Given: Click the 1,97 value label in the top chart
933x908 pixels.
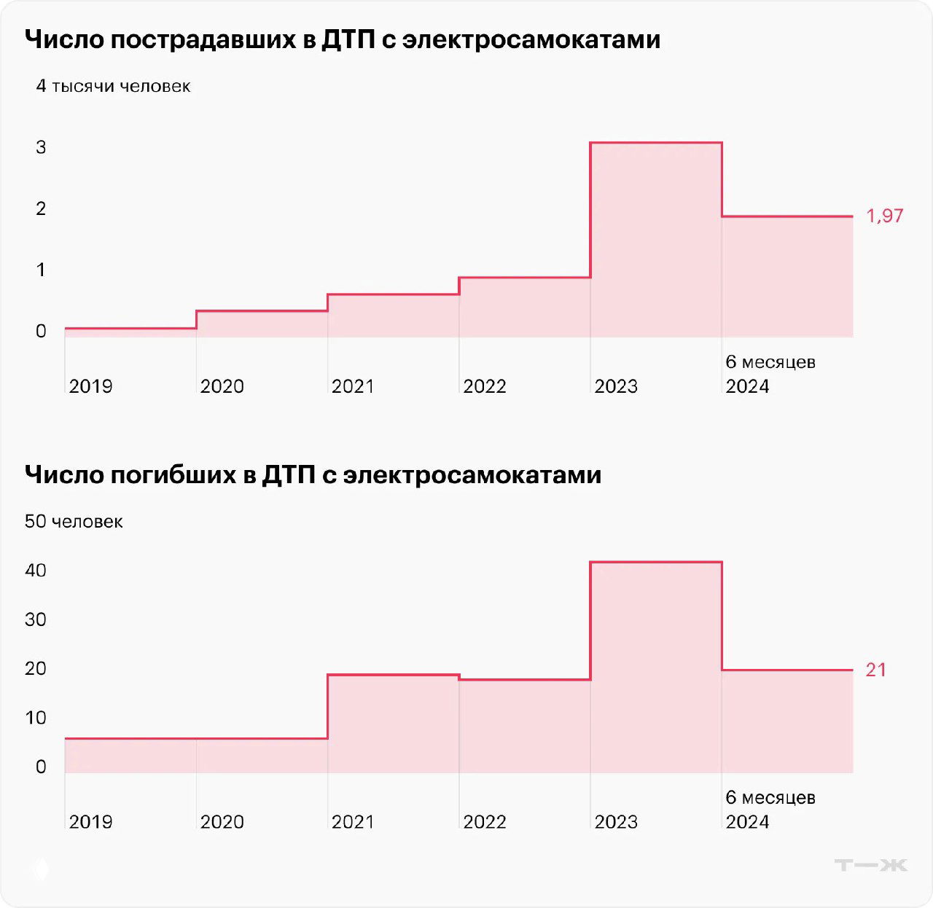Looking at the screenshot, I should pyautogui.click(x=884, y=216).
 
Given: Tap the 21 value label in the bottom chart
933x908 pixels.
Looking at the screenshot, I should pyautogui.click(x=875, y=670).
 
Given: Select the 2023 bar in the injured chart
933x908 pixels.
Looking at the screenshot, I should pyautogui.click(x=656, y=240).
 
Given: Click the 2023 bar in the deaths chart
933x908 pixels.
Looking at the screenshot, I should pyautogui.click(x=656, y=667).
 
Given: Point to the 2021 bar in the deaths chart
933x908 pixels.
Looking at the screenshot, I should pyautogui.click(x=394, y=724).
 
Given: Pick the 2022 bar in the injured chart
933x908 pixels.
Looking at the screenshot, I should pyautogui.click(x=525, y=308).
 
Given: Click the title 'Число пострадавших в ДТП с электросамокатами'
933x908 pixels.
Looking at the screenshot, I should pyautogui.click(x=343, y=39).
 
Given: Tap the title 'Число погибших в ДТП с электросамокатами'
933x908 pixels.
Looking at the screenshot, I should pyautogui.click(x=313, y=475).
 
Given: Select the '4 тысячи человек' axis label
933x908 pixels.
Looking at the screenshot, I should pyautogui.click(x=113, y=86).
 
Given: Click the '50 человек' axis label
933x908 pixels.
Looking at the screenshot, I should pyautogui.click(x=74, y=522).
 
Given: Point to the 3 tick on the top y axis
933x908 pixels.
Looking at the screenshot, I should pyautogui.click(x=41, y=147).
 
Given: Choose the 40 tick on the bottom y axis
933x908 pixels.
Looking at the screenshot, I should pyautogui.click(x=36, y=571).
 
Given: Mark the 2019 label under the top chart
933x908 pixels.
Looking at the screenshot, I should pyautogui.click(x=90, y=386).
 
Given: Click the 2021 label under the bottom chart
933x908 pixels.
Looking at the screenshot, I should pyautogui.click(x=353, y=822).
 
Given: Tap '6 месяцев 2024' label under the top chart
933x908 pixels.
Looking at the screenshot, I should pyautogui.click(x=770, y=374).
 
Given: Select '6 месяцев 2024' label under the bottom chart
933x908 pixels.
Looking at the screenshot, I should pyautogui.click(x=770, y=810).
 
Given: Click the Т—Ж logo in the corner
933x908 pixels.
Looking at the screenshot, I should pyautogui.click(x=871, y=865).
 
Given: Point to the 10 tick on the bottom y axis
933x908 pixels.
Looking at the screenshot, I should pyautogui.click(x=36, y=718).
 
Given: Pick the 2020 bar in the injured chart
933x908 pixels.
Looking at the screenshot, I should pyautogui.click(x=262, y=324).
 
